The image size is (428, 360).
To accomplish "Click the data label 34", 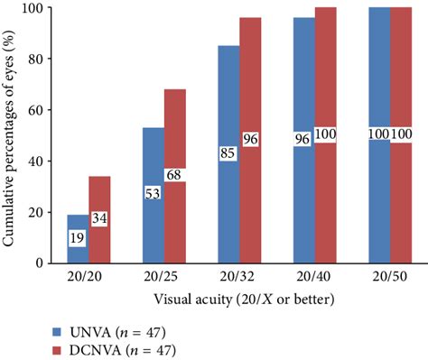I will [x=99, y=219].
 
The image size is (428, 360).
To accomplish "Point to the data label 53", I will [x=153, y=194].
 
